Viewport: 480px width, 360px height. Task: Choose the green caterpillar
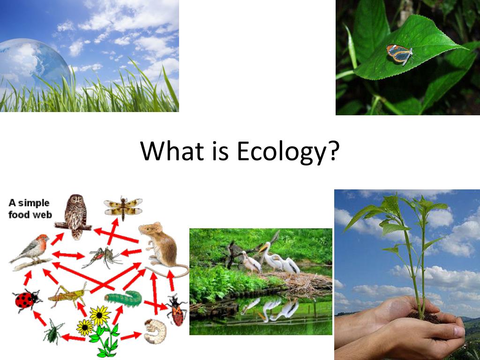(123, 297)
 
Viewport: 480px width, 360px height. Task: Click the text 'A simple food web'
(29, 209)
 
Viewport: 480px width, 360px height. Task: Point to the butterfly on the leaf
(400, 54)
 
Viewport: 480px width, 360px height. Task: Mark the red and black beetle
(177, 310)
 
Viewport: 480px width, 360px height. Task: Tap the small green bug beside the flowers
(53, 332)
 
